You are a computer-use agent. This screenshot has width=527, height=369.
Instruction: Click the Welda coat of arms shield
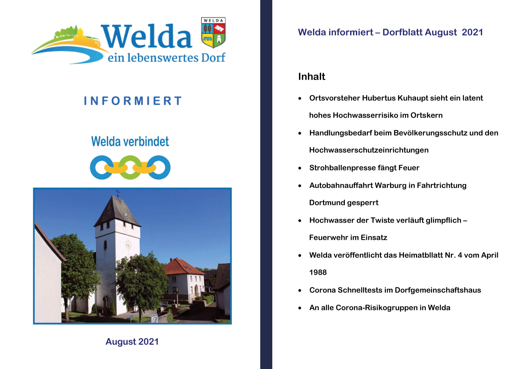213,33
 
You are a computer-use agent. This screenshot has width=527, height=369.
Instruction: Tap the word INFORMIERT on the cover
133,101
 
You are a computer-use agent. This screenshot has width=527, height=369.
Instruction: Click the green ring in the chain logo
130,167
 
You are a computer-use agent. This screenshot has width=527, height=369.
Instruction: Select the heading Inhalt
312,77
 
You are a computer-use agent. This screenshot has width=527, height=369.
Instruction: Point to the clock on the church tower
128,245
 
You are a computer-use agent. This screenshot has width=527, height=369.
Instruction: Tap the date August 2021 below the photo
132,342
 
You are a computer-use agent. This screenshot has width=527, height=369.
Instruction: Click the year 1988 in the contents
318,272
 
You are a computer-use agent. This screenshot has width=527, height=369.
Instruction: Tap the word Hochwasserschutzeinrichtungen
369,150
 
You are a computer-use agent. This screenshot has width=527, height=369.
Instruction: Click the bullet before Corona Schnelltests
300,291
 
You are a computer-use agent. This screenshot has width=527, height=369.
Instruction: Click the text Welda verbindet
130,141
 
